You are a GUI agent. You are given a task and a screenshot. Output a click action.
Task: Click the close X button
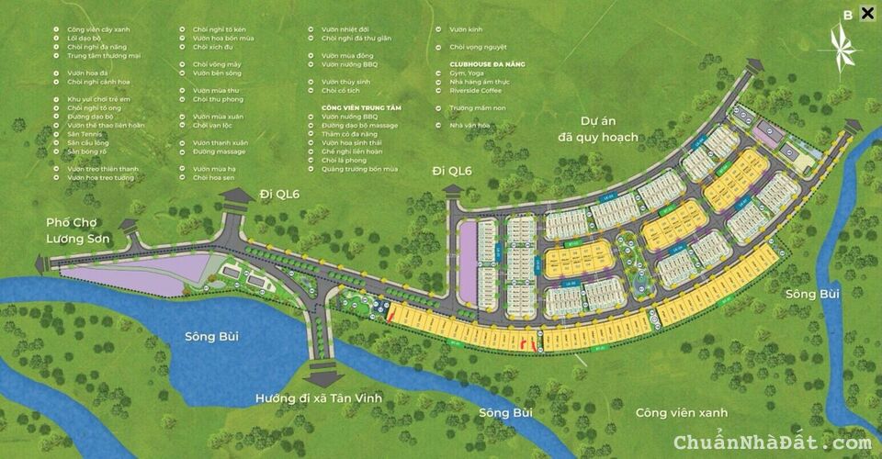point(866,13)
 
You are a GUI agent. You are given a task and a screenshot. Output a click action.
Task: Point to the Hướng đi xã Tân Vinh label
point(319,397)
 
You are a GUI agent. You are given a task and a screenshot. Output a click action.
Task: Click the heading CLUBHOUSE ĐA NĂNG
point(487,63)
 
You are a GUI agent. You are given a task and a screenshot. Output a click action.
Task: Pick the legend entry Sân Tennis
point(86,134)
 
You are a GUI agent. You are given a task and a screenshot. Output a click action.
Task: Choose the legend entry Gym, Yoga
point(467,73)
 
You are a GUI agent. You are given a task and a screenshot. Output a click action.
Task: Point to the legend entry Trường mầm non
point(478,107)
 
